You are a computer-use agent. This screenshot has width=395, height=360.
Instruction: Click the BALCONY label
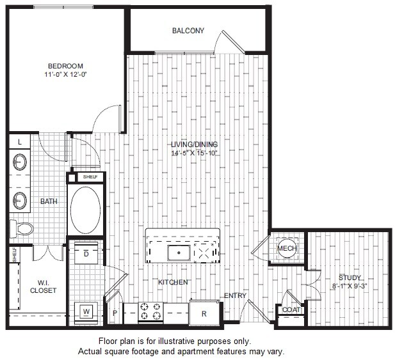pyautogui.click(x=188, y=30)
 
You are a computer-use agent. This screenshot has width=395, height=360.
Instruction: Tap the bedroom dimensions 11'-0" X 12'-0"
pyautogui.click(x=66, y=75)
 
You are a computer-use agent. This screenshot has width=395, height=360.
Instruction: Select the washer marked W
pyautogui.click(x=86, y=311)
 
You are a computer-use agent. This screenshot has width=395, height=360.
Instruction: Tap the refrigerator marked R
pyautogui.click(x=204, y=313)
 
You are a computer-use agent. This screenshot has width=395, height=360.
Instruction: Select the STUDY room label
pyautogui.click(x=350, y=278)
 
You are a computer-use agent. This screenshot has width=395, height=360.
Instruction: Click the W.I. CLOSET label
pyautogui.click(x=44, y=286)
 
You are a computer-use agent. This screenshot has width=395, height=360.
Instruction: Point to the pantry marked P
pyautogui.click(x=115, y=313)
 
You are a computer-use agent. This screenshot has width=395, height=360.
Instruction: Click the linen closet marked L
pyautogui.click(x=20, y=141)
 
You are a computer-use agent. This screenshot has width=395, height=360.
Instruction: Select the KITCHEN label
pyautogui.click(x=173, y=282)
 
